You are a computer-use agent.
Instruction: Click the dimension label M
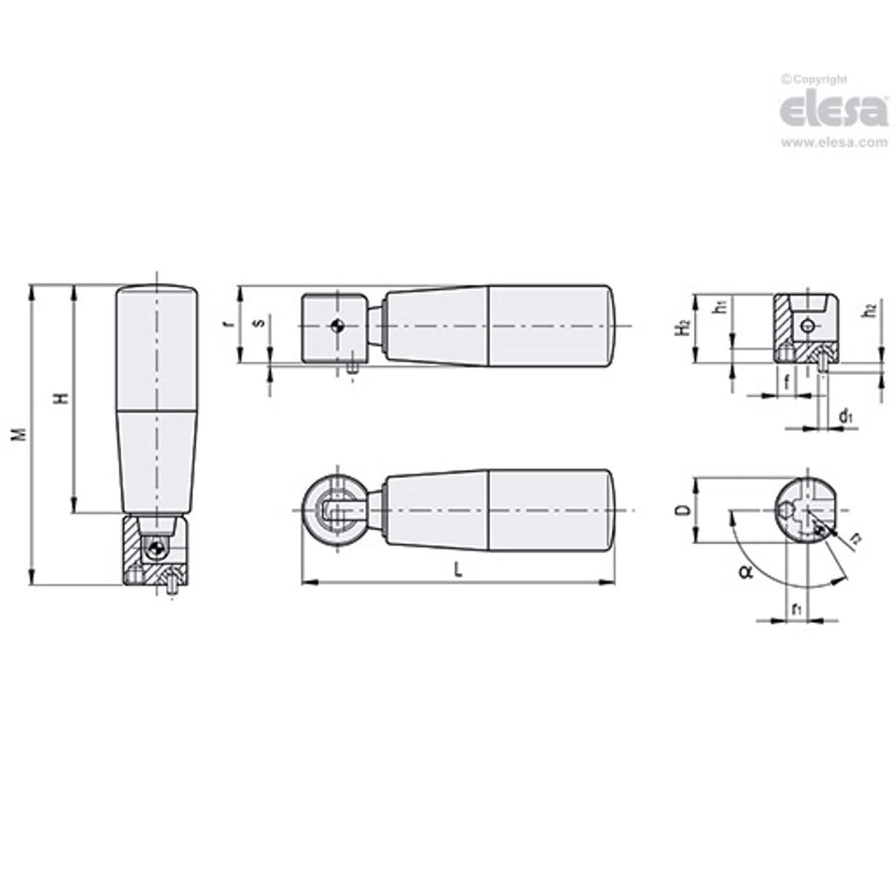(x=23, y=433)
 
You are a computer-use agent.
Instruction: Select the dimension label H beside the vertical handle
(x=63, y=398)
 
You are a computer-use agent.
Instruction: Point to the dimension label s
(x=256, y=323)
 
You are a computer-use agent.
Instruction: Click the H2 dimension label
(x=684, y=327)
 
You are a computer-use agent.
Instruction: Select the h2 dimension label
(x=871, y=311)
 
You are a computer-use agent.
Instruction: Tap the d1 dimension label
(x=846, y=417)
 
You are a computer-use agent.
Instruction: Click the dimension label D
(x=683, y=510)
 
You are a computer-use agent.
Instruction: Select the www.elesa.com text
(x=833, y=143)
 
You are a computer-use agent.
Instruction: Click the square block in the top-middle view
(x=334, y=328)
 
